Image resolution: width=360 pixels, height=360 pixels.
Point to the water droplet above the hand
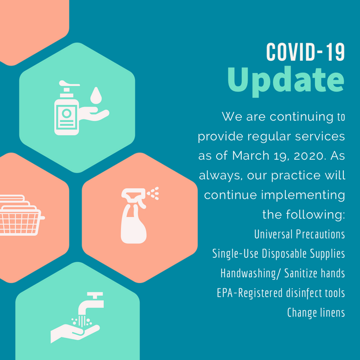tap(96, 95)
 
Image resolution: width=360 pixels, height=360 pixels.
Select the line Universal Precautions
tap(299, 234)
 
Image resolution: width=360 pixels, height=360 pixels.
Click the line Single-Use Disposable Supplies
tap(278, 254)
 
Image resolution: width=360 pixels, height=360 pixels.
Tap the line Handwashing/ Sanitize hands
tap(283, 273)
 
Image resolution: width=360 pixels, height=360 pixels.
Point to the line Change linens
tap(316, 312)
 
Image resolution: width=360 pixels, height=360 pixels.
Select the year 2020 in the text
tap(307, 156)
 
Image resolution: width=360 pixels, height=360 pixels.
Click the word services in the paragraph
tap(321, 136)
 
